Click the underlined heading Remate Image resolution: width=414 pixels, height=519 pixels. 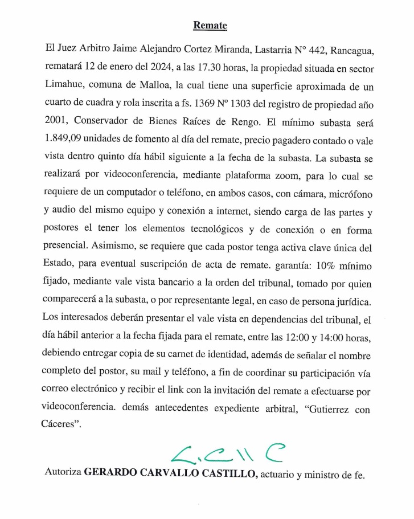pyautogui.click(x=210, y=25)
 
